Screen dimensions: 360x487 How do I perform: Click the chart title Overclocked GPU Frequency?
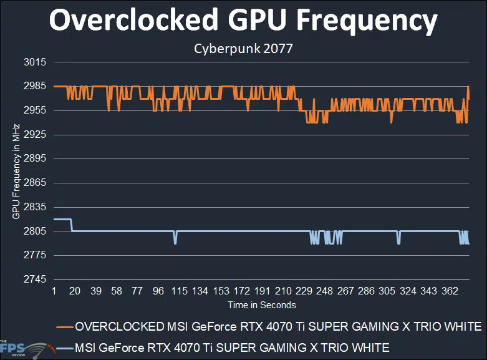[243, 22]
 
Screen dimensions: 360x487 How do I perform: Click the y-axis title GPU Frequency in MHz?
[16, 171]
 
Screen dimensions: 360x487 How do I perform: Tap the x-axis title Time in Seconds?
[261, 305]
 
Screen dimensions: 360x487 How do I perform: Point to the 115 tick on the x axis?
[179, 291]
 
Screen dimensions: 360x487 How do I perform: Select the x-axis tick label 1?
[54, 291]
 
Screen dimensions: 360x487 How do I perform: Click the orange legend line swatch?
[64, 327]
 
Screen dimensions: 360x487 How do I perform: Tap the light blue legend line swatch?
[64, 348]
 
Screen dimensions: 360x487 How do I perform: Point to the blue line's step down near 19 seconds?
[72, 225]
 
